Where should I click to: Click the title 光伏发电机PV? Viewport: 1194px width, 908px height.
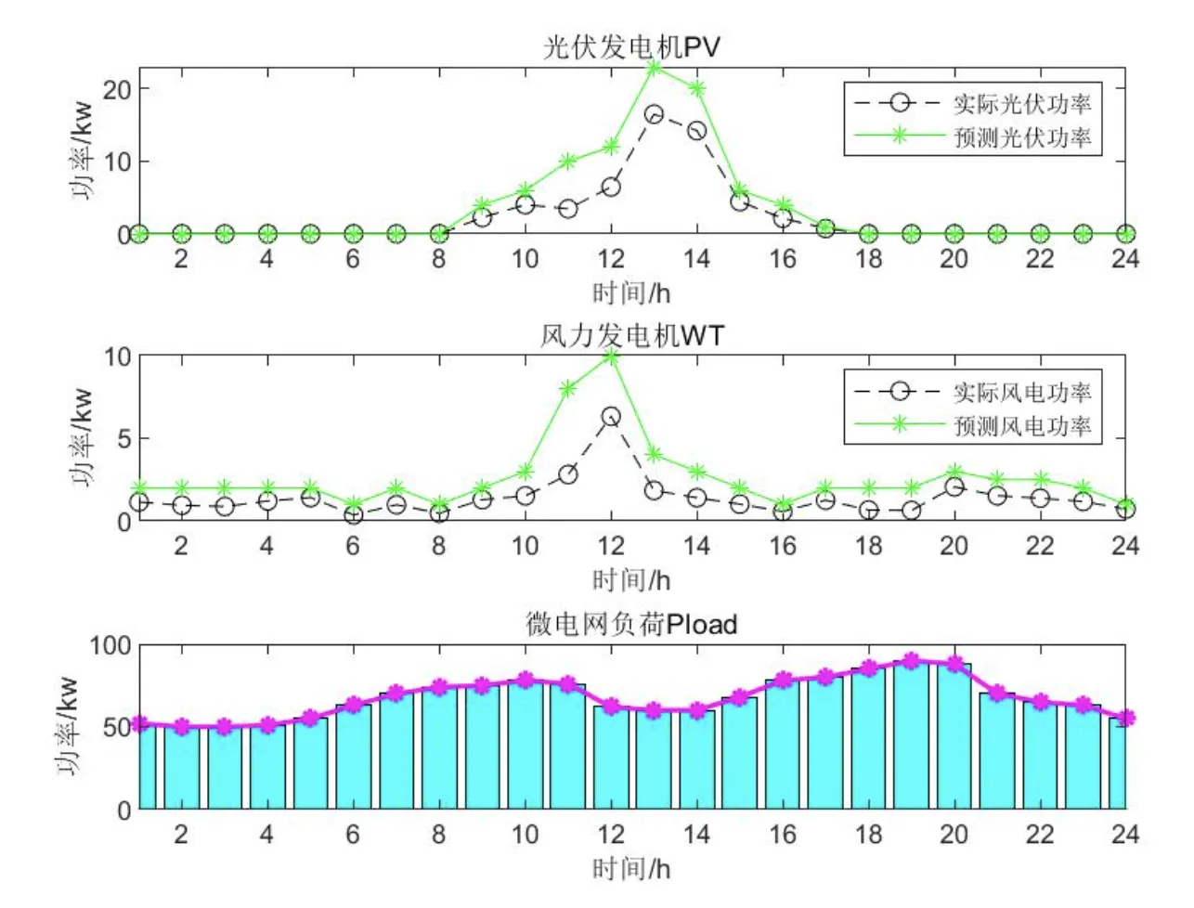click(631, 46)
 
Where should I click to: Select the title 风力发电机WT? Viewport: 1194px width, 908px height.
click(631, 335)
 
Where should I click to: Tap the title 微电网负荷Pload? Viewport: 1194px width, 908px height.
click(631, 623)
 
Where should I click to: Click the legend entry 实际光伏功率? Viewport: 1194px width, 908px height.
click(1021, 104)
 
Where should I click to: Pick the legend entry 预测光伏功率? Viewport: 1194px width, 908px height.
click(1021, 137)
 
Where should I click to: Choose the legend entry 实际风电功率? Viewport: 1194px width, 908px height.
click(1021, 392)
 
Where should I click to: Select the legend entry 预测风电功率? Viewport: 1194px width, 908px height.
click(1021, 426)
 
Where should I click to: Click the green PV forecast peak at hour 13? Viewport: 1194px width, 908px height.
click(654, 68)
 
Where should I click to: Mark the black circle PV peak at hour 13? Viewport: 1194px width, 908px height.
click(654, 114)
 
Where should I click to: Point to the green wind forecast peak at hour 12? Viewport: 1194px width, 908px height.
click(611, 357)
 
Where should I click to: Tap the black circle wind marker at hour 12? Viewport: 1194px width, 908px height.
click(611, 417)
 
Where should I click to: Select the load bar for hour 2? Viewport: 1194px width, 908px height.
click(182, 771)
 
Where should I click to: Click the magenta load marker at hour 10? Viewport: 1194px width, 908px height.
click(526, 681)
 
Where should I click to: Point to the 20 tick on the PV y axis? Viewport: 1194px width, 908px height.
click(117, 90)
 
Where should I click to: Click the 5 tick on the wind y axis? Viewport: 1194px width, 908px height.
click(124, 438)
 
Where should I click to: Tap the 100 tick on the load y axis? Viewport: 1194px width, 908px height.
click(110, 645)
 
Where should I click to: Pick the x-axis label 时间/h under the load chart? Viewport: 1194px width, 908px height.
click(631, 868)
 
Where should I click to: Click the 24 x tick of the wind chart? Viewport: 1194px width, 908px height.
click(1125, 546)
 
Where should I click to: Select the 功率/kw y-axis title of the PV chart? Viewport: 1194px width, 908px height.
click(82, 150)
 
